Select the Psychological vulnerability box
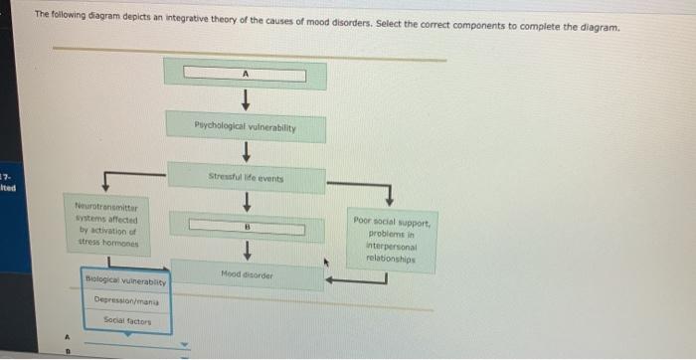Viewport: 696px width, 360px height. [x=245, y=128]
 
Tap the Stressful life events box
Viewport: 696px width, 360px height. [x=246, y=178]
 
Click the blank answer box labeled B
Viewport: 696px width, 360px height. [x=245, y=227]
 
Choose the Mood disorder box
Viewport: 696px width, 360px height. [x=246, y=273]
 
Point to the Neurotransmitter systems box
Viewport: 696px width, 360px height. [x=105, y=224]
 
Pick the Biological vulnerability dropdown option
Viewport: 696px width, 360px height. [x=125, y=281]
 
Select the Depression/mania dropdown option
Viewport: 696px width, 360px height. [x=125, y=300]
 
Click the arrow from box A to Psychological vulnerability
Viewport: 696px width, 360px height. [x=245, y=100]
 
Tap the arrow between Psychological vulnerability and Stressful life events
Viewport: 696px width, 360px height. [x=245, y=152]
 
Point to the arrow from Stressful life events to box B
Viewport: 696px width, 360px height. [x=245, y=202]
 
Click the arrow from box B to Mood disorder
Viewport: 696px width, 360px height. [x=245, y=250]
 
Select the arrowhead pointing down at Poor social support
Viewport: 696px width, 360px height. [x=390, y=197]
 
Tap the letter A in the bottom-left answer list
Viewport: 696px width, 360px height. [x=69, y=335]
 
